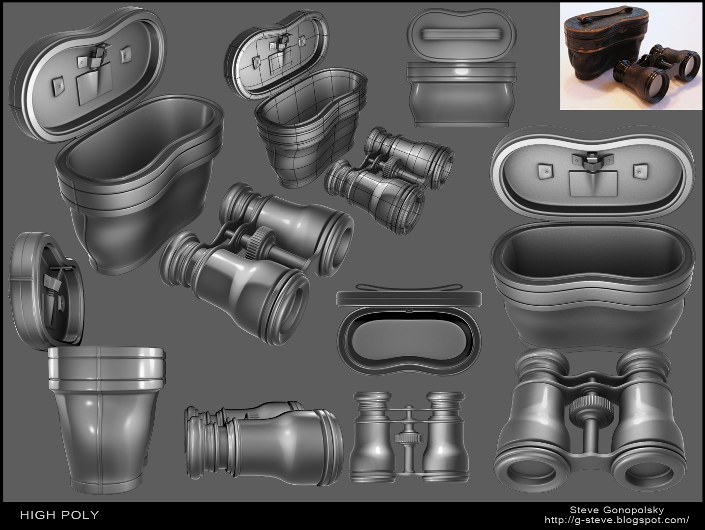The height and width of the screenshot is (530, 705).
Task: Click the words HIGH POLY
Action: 59,515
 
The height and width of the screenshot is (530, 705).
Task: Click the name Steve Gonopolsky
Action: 617,510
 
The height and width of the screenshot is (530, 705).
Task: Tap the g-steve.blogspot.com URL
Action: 617,520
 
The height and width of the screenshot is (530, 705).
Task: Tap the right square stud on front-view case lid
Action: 638,170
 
